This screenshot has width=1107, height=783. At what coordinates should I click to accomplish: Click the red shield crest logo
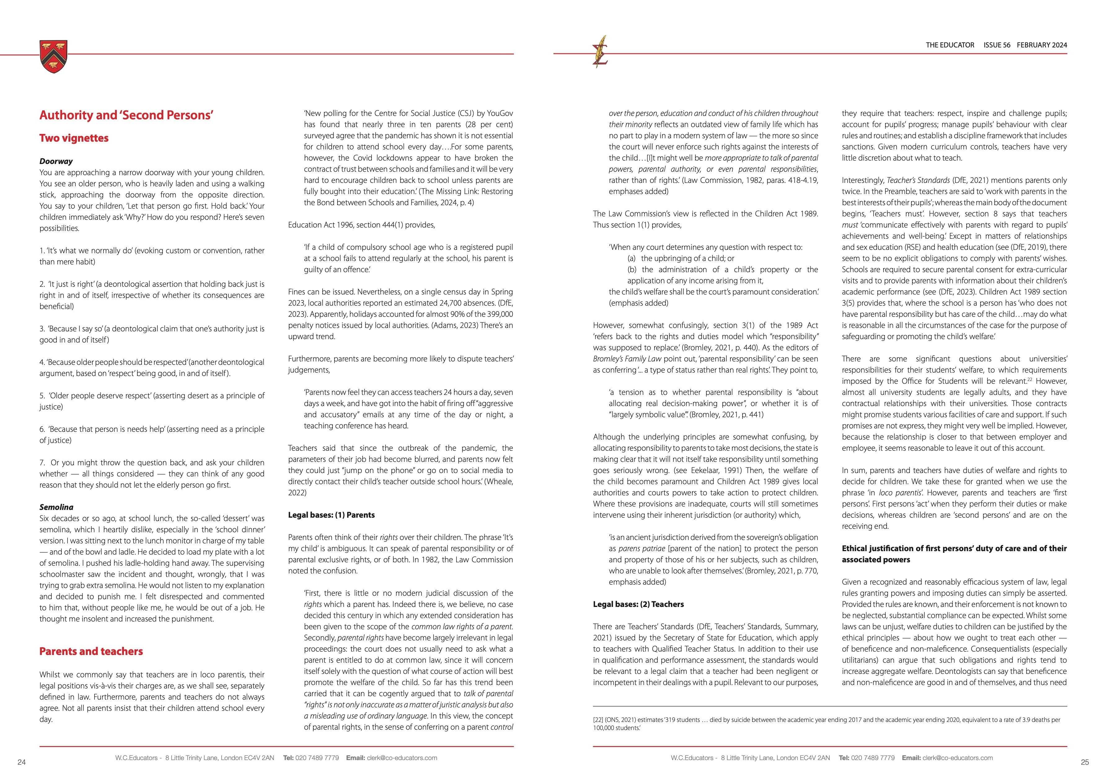54,56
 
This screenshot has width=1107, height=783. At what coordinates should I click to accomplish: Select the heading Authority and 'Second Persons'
126,115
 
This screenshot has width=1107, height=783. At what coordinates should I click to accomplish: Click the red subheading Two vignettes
74,138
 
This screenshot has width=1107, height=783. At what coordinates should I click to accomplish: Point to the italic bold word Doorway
56,161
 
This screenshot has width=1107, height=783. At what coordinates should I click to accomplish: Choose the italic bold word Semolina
56,507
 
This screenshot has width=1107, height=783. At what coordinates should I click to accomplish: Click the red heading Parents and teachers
91,651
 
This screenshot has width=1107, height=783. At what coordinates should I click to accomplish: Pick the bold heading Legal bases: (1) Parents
331,515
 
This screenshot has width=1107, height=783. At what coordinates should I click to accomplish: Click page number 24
21,762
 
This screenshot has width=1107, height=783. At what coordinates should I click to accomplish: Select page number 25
1085,762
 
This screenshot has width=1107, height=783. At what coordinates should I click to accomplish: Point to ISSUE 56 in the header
997,45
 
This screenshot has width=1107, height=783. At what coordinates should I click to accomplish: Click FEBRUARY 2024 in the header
1042,45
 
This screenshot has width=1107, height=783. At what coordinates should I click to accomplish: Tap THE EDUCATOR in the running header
950,45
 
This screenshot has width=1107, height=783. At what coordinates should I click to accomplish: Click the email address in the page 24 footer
402,758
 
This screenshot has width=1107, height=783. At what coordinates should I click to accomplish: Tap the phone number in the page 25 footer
873,758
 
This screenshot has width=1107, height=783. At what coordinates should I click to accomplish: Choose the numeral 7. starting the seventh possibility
42,462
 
